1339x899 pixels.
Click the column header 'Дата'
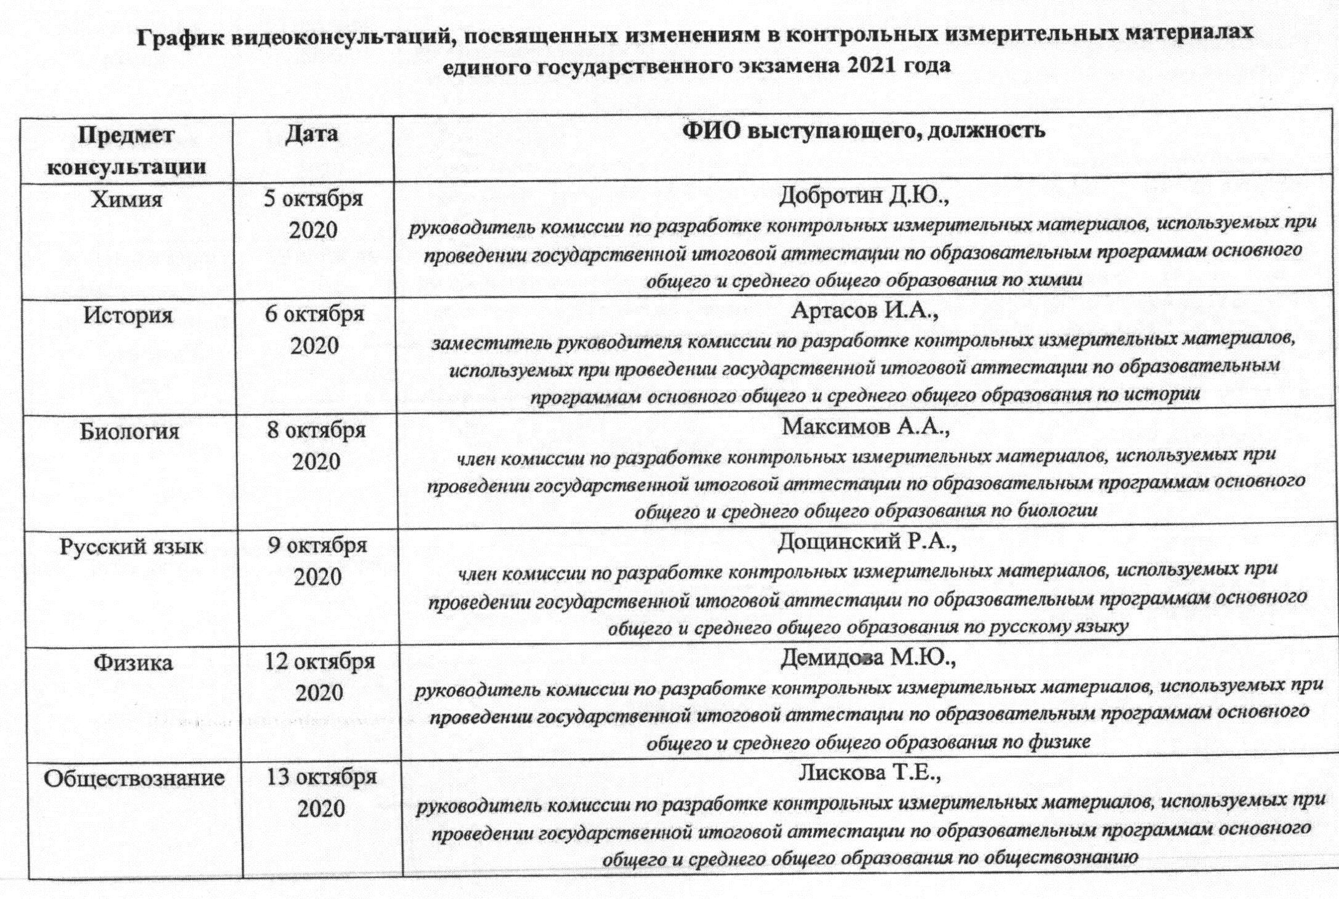click(x=311, y=134)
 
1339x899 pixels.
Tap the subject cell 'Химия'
click(x=127, y=200)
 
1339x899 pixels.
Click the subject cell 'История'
click(x=129, y=315)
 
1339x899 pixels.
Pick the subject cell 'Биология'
click(x=130, y=431)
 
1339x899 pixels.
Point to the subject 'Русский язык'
click(x=132, y=547)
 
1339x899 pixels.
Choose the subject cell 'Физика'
click(x=133, y=663)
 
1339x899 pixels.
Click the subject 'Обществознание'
click(x=134, y=778)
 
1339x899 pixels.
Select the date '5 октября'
click(x=314, y=199)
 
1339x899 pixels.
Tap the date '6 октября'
click(x=315, y=314)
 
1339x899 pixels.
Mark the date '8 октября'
click(x=316, y=430)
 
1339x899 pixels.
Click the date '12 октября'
click(x=320, y=662)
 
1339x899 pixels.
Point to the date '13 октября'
click(x=321, y=777)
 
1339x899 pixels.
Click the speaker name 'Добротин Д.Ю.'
click(x=864, y=196)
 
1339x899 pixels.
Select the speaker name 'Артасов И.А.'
click(x=865, y=311)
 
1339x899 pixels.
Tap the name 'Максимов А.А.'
click(x=866, y=426)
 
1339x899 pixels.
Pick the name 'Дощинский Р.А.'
click(x=867, y=542)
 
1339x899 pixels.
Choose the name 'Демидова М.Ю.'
click(x=868, y=658)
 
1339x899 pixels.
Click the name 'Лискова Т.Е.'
click(x=870, y=773)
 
